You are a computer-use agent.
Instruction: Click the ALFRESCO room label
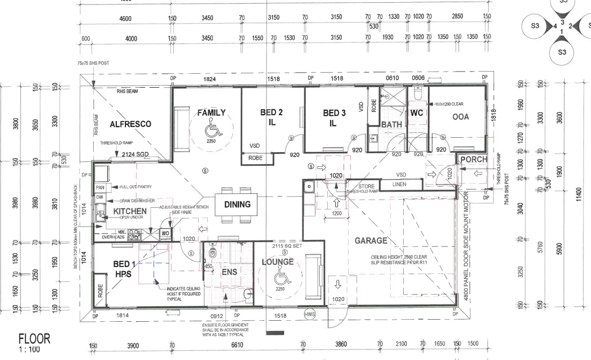pos(130,124)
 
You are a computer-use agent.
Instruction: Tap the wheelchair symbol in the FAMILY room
pos(211,130)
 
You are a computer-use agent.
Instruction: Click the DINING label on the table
pos(237,204)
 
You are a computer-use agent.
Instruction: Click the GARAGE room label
pos(371,241)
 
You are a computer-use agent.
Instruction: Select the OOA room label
pos(460,117)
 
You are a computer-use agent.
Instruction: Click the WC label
pos(417,114)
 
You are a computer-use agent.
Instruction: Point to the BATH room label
pos(392,125)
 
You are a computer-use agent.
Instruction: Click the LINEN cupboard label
pos(399,185)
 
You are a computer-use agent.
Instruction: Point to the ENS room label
pos(229,272)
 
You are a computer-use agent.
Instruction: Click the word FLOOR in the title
pos(34,338)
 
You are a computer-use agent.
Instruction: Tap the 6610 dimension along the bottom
pos(237,345)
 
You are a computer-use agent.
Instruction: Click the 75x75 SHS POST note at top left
pos(93,63)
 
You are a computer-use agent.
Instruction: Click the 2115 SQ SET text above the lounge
pos(287,244)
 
